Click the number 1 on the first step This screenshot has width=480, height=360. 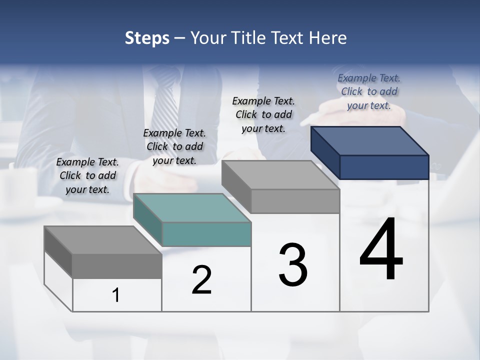116,295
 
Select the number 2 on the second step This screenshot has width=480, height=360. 201,280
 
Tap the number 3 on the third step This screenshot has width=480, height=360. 293,265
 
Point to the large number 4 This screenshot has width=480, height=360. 381,250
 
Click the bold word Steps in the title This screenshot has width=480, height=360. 147,38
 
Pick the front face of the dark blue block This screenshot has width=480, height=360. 384,167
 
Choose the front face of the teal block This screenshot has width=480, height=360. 206,234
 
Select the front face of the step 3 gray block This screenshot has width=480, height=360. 295,201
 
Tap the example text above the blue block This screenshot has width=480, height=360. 369,91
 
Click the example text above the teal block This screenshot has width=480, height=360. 174,146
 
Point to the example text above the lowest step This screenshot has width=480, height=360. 87,175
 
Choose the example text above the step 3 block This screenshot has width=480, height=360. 263,114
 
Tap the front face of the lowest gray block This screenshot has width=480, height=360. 117,266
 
